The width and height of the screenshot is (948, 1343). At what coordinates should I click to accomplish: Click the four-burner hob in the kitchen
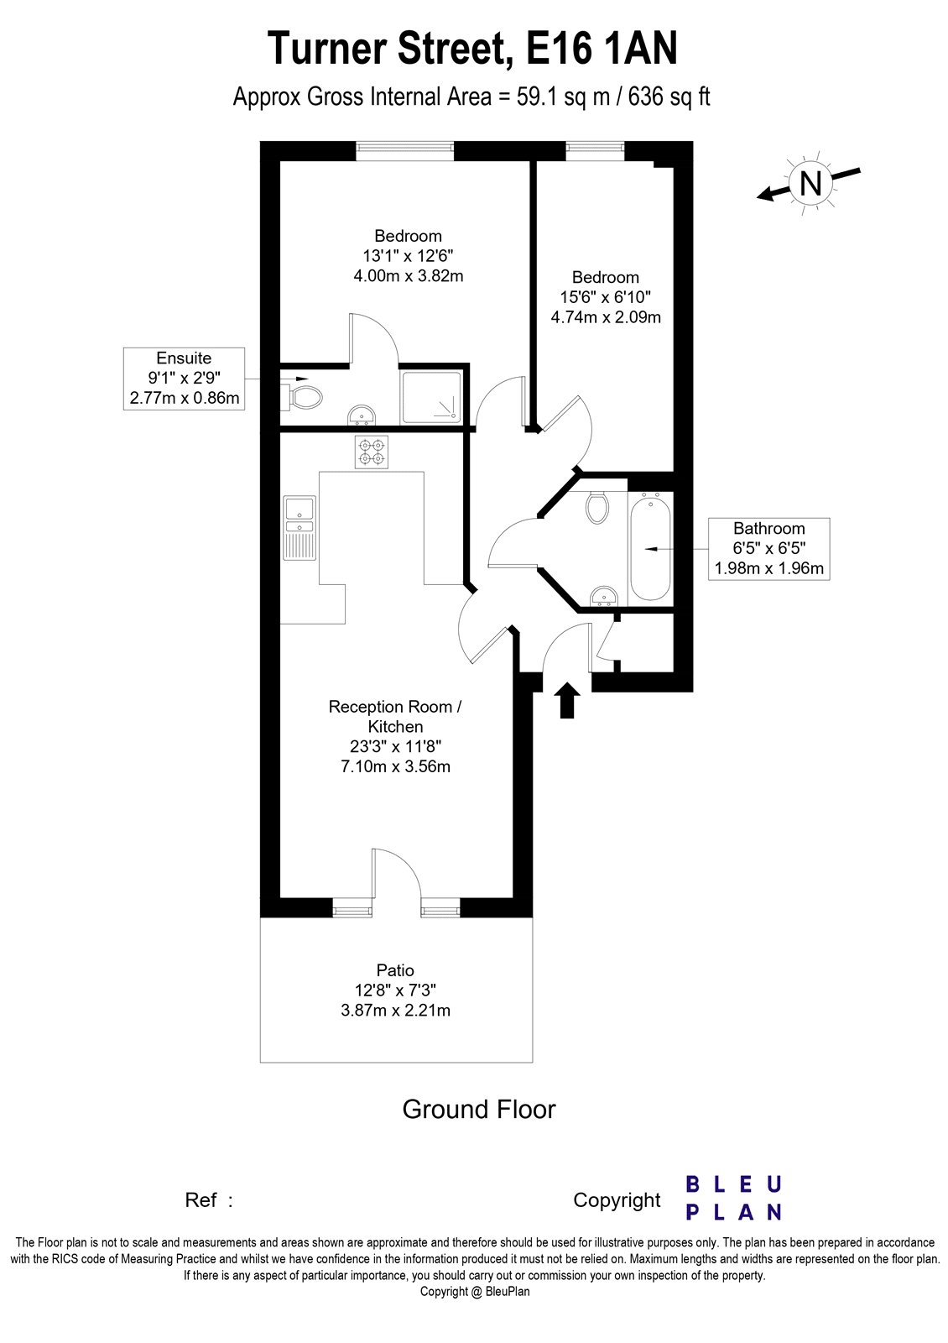(371, 453)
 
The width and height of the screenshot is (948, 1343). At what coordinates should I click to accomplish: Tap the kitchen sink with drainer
(299, 528)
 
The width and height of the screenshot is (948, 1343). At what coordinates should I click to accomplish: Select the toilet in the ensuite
(304, 396)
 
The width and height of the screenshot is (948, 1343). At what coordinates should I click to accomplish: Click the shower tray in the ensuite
(431, 396)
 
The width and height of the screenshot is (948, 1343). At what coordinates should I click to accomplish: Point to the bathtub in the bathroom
(649, 546)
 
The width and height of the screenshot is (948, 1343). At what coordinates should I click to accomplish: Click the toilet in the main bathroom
(598, 507)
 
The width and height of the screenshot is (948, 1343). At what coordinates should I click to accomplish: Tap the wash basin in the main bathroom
(602, 596)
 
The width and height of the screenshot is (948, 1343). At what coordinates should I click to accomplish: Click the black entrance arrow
(568, 700)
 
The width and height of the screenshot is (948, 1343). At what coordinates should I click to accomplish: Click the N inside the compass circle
(810, 182)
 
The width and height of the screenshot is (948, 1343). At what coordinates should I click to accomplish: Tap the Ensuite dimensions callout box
(185, 379)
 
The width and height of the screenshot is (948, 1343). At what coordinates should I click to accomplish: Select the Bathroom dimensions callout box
(768, 548)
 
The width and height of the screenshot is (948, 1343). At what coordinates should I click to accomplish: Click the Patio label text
(395, 970)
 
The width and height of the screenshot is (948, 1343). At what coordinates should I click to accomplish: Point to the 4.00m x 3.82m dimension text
(409, 275)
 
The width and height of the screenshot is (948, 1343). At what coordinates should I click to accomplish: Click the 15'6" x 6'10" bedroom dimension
(605, 297)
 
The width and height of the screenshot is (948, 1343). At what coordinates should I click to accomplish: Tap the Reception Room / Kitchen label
(395, 716)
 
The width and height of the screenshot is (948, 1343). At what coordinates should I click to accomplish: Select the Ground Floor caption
(479, 1110)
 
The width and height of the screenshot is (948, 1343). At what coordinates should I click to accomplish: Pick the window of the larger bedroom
(404, 150)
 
